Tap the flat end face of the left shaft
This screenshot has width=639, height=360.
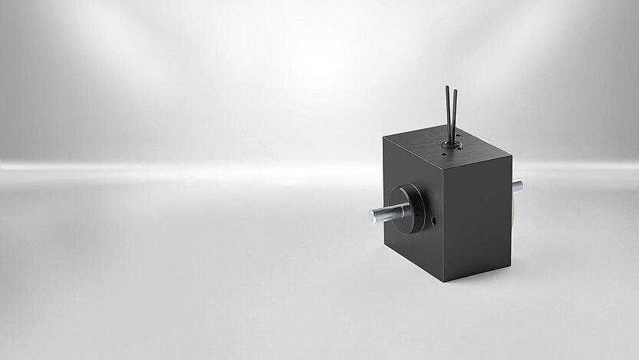[372, 219]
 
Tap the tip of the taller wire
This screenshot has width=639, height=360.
[447, 87]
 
